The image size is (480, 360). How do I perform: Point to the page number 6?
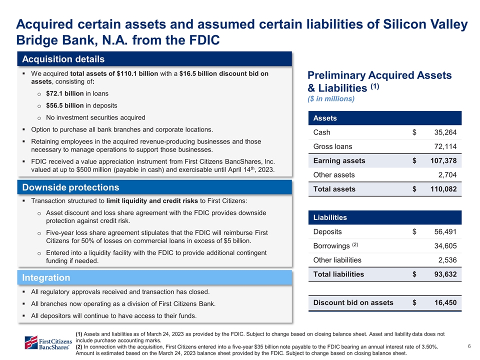[469, 346]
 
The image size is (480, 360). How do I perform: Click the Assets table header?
[324, 118]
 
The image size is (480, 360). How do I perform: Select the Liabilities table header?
[330, 217]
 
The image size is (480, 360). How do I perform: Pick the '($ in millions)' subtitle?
[331, 98]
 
